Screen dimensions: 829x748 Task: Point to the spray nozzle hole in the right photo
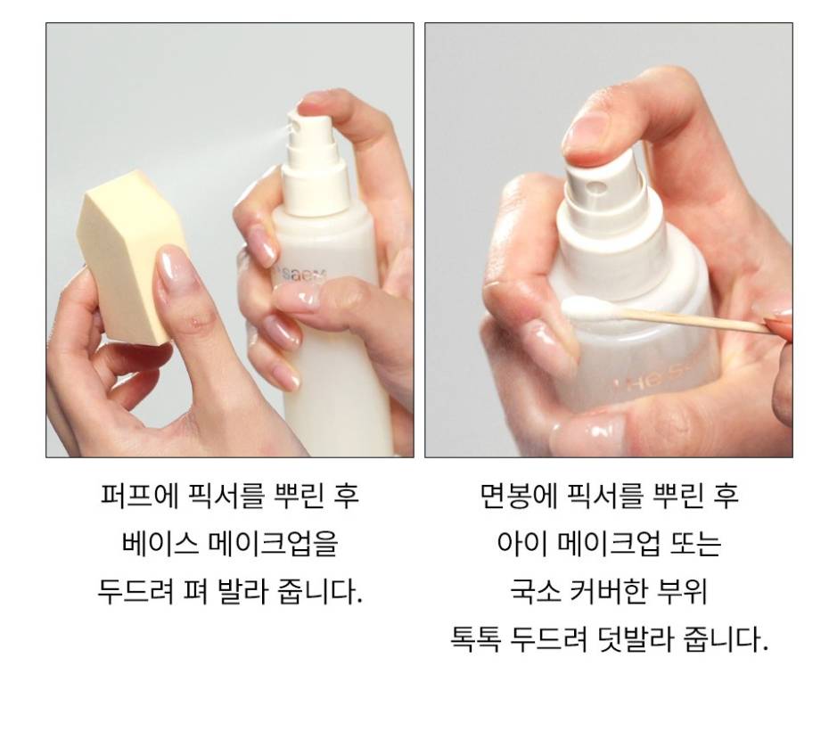coord(598,186)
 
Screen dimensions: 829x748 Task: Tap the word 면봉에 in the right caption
coord(519,496)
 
